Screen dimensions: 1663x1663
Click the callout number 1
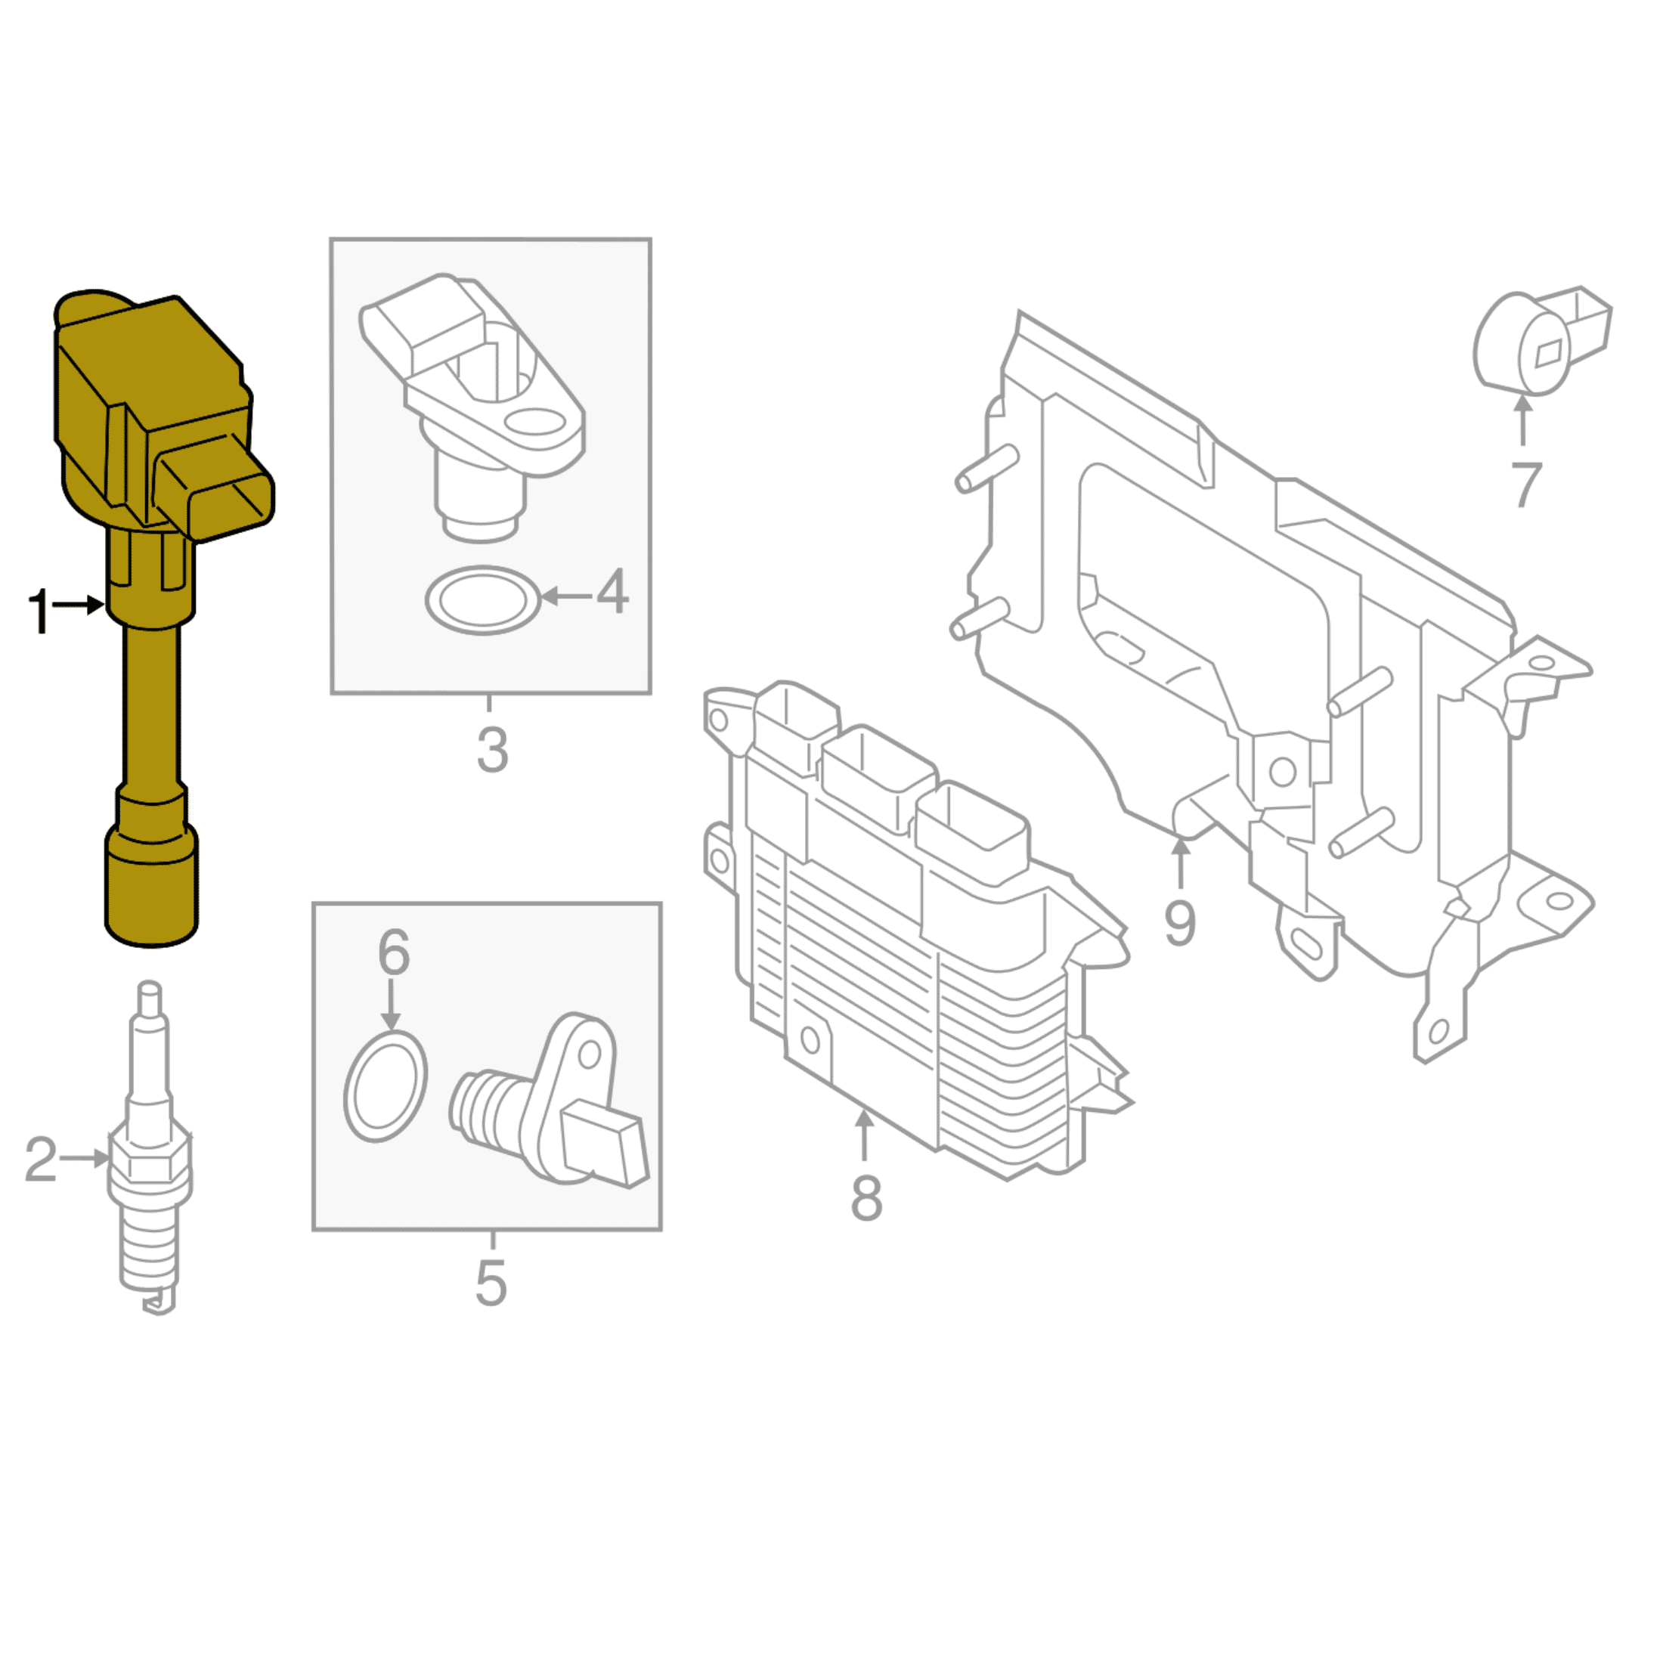pos(39,612)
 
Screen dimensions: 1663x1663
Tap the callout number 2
pos(41,1159)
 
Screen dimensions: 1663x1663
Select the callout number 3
pos(492,750)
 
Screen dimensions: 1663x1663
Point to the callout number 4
pos(612,591)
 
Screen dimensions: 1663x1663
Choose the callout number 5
pos(491,1284)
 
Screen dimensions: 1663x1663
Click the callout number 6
pos(393,952)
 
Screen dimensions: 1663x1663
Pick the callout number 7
pos(1525,485)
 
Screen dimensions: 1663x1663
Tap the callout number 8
pos(867,1197)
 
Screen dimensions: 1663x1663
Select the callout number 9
pos(1180,922)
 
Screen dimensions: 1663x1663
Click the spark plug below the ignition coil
pos(150,1154)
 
